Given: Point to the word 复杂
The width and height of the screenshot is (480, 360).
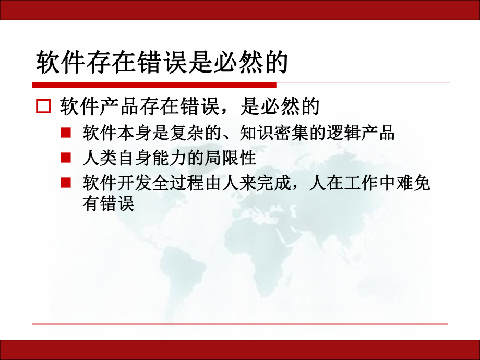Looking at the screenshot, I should (x=187, y=133).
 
